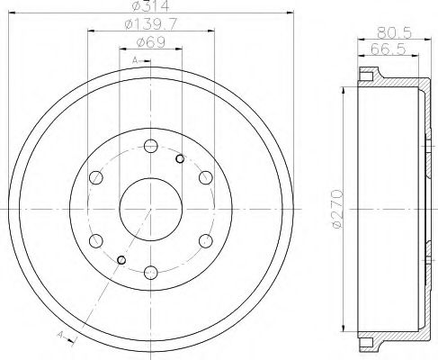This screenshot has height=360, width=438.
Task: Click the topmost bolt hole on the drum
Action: (x=150, y=146)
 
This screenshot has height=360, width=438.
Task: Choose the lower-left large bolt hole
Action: (x=96, y=239)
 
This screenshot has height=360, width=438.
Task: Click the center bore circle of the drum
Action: (x=150, y=208)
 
